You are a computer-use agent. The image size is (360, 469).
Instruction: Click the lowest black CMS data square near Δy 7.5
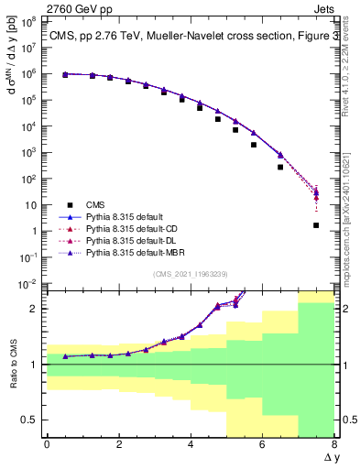[316, 225]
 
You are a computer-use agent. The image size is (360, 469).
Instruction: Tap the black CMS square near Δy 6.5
[280, 167]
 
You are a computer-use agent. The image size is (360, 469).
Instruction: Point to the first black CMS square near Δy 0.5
[65, 75]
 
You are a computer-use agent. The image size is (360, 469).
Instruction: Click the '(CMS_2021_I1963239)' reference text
[191, 274]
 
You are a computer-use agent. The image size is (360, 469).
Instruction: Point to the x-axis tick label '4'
[191, 444]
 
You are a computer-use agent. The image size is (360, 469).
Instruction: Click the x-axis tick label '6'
[262, 444]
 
